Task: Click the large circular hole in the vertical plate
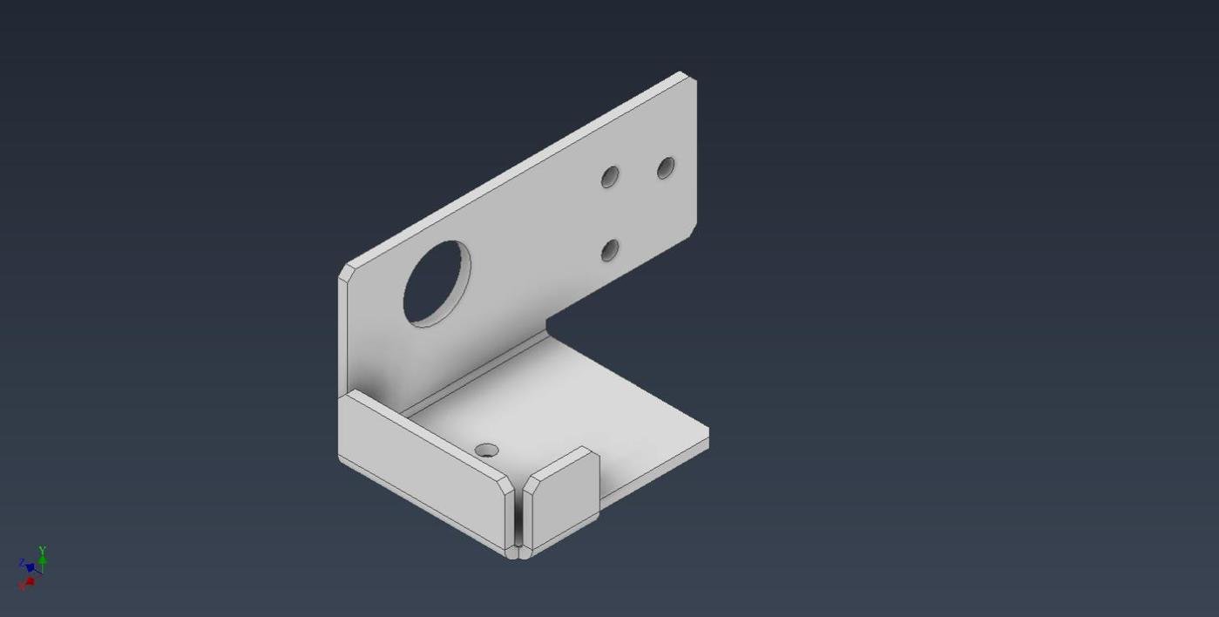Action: (x=437, y=283)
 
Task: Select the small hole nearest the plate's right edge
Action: (x=666, y=167)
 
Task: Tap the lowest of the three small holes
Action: (x=610, y=251)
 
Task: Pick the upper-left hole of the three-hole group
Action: (x=610, y=177)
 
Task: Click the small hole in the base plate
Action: (x=486, y=451)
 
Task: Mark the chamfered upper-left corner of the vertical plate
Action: (x=344, y=271)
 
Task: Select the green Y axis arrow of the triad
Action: (x=42, y=561)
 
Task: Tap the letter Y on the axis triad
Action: (x=42, y=551)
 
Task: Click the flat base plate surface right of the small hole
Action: (x=566, y=410)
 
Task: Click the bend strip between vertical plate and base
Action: (x=475, y=375)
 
